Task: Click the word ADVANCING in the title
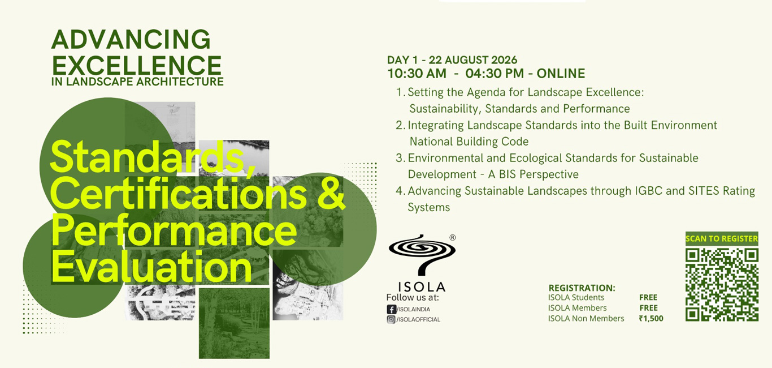[131, 40]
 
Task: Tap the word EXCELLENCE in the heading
[137, 65]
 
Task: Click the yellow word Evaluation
[151, 267]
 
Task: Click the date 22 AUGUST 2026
[473, 60]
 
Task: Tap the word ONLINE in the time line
[561, 74]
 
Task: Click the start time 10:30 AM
[417, 74]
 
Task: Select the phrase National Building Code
[469, 142]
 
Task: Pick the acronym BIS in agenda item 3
[508, 174]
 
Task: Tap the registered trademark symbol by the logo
[453, 238]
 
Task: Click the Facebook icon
[391, 309]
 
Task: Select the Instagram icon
[391, 320]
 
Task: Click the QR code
[722, 285]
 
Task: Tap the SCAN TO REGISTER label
[722, 238]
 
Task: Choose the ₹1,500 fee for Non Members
[651, 318]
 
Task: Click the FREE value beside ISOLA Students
[648, 297]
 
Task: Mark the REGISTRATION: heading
[582, 288]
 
